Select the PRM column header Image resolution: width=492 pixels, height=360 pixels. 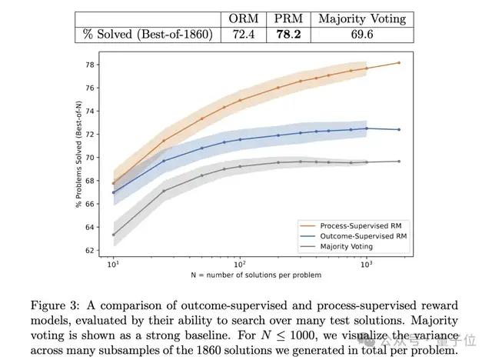point(288,18)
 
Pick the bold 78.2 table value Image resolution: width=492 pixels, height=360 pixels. point(288,35)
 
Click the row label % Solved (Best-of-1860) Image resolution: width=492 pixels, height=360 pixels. point(145,35)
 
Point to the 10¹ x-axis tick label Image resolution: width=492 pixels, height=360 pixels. point(114,264)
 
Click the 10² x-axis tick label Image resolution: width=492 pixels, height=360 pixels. point(240,264)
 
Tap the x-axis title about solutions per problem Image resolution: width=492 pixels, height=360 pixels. point(255,275)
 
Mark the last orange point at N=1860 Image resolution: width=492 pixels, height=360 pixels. point(399,62)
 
